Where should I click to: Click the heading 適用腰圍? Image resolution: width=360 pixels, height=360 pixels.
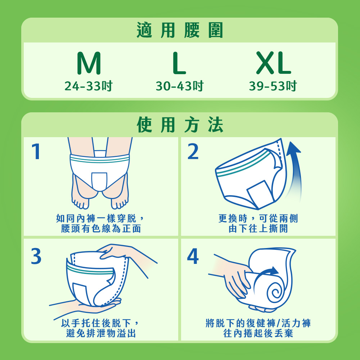point(180,30)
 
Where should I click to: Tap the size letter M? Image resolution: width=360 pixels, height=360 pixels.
point(89,63)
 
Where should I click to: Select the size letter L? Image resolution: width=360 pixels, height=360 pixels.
point(179,63)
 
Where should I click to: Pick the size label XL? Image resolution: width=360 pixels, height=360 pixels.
point(274,63)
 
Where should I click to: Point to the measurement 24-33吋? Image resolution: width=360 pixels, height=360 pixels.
point(89,86)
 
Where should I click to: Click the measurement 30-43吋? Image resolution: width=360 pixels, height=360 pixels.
point(180,86)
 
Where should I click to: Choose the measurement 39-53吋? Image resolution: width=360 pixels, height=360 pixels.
point(273,86)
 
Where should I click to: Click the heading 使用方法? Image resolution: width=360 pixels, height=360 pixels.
point(180,125)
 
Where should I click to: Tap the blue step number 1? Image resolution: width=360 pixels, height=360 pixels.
point(36,151)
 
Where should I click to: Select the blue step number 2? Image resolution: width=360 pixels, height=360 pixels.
point(193,151)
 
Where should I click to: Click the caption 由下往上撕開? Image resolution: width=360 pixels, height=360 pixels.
point(258,229)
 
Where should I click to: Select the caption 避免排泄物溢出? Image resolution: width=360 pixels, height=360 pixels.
point(101,333)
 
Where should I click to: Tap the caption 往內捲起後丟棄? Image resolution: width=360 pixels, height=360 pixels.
point(258,333)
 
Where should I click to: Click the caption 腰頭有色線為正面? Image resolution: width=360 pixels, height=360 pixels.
point(101,229)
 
